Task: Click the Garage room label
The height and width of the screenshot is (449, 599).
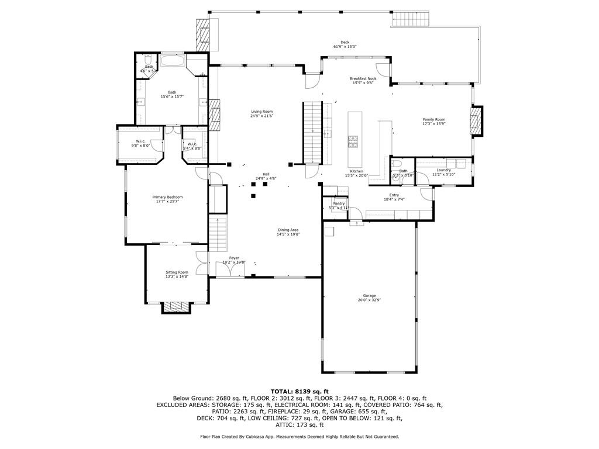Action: pos(369,296)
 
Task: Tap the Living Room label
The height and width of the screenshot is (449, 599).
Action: pos(262,111)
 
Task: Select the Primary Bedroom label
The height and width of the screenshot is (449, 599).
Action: pos(168,197)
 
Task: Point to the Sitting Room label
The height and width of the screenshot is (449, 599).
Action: pos(177,272)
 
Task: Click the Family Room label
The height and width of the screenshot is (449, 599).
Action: pos(434,119)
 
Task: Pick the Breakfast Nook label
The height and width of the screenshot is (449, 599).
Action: pos(363,78)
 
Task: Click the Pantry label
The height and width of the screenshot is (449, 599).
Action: pos(339,203)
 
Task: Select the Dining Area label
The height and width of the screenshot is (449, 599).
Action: pos(288,230)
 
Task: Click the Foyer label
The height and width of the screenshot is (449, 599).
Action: pos(234,258)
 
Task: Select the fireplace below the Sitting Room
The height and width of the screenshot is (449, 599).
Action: pos(175,306)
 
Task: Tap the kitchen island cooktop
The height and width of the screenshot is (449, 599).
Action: pos(353,140)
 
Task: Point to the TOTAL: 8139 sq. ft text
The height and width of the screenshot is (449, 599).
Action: pos(299,391)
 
